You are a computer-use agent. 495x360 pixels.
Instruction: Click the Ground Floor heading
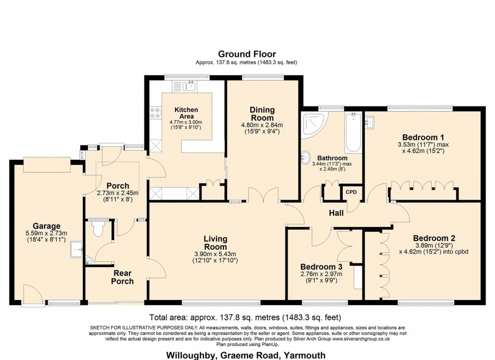coord(247,54)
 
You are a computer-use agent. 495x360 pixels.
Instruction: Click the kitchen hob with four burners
coord(155,113)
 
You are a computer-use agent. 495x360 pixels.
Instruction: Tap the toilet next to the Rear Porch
coord(99,228)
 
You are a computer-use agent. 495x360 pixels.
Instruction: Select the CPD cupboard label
coord(351,192)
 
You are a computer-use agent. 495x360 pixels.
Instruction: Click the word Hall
coord(336,213)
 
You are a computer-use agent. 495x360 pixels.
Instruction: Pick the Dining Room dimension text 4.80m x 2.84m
coord(262,125)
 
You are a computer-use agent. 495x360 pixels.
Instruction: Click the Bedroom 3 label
coord(321,267)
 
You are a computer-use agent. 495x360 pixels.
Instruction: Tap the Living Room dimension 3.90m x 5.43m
coord(215,254)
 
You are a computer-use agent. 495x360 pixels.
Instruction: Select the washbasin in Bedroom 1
coord(370,121)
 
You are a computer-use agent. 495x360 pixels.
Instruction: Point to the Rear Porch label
coord(122,277)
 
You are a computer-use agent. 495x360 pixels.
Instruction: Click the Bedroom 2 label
coord(434,239)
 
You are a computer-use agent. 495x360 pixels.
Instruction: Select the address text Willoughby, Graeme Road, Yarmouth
coord(246,355)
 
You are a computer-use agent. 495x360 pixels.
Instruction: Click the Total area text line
coord(245,317)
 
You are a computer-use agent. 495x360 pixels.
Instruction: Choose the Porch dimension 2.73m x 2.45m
coord(118,193)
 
